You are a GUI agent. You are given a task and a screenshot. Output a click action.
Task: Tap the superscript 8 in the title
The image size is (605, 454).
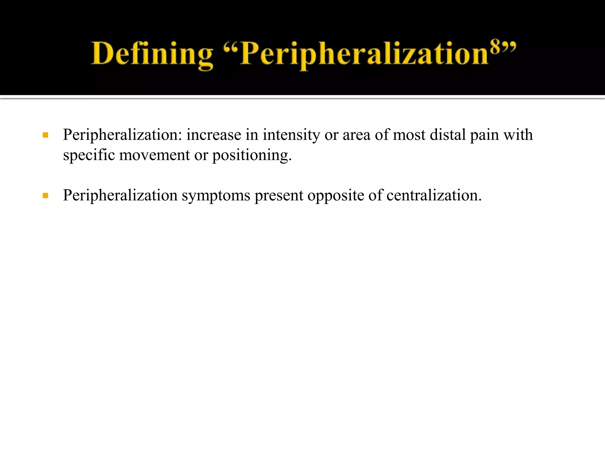pos(496,46)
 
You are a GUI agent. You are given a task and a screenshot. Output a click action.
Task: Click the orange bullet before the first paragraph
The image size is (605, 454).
pos(45,135)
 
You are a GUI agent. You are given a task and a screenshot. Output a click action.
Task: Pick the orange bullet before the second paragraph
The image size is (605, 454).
pos(45,196)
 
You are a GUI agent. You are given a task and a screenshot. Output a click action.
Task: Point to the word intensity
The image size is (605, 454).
pos(291,135)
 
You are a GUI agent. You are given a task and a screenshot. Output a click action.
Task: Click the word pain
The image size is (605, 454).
pos(484,135)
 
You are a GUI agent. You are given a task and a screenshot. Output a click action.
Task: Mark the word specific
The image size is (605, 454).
pos(89,155)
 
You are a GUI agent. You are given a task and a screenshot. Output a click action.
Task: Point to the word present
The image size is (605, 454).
pos(279,196)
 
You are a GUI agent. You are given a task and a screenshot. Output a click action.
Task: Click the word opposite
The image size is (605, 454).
pos(336,196)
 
